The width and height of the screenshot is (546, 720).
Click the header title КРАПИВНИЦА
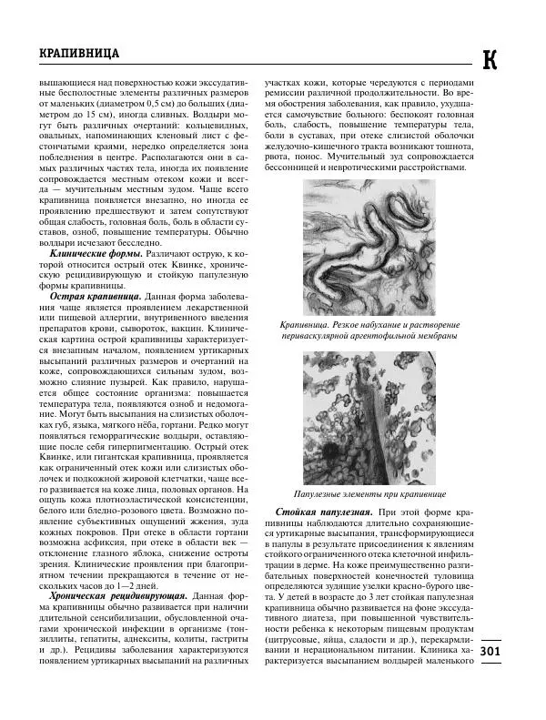tap(80, 55)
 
